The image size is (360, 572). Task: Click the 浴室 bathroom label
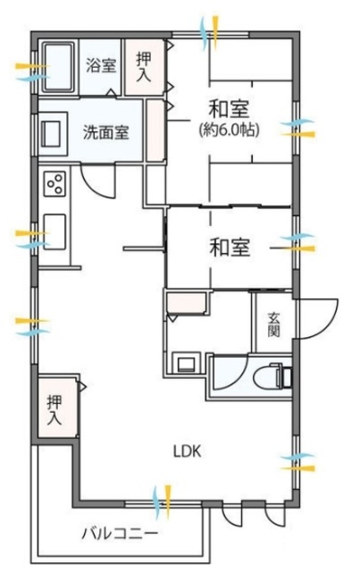pyautogui.click(x=100, y=64)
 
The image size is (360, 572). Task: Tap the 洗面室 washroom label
pyautogui.click(x=105, y=133)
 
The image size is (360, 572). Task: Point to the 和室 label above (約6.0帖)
pyautogui.click(x=229, y=109)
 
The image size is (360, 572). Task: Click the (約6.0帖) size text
pyautogui.click(x=229, y=130)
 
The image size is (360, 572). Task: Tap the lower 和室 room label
pyautogui.click(x=229, y=246)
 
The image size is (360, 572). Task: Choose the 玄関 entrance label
pyautogui.click(x=273, y=324)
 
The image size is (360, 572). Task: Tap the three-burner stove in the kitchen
pyautogui.click(x=54, y=185)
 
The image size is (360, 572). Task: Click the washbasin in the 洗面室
pyautogui.click(x=50, y=134)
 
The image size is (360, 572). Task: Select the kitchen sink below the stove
pyautogui.click(x=52, y=232)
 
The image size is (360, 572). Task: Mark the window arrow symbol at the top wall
pyautogui.click(x=211, y=32)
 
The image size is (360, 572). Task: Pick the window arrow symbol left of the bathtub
pyautogui.click(x=29, y=71)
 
